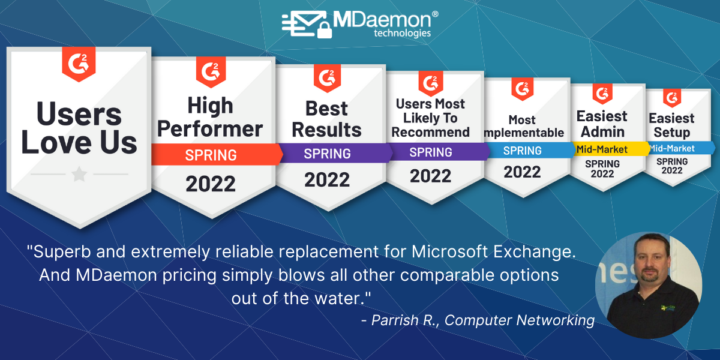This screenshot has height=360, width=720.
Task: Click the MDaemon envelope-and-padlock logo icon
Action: tap(307, 25)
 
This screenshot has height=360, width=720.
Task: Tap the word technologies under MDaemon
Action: tap(402, 33)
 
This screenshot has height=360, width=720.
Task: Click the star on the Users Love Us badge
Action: tap(79, 174)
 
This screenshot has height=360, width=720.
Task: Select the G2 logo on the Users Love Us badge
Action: tap(79, 64)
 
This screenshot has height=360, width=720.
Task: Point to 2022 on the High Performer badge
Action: tap(211, 184)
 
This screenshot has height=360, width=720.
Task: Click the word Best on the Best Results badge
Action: tap(326, 109)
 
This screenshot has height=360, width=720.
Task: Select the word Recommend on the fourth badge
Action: tap(430, 132)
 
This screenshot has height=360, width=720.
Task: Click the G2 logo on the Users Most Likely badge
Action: tap(431, 83)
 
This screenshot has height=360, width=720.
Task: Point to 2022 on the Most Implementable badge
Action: tap(522, 172)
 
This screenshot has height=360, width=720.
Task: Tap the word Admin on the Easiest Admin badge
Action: tap(602, 132)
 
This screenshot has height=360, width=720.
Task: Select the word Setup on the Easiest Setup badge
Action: tap(672, 133)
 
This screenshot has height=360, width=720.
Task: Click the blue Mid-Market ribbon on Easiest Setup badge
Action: tap(680, 148)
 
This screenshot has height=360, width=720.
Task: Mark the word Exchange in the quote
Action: tap(534, 251)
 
